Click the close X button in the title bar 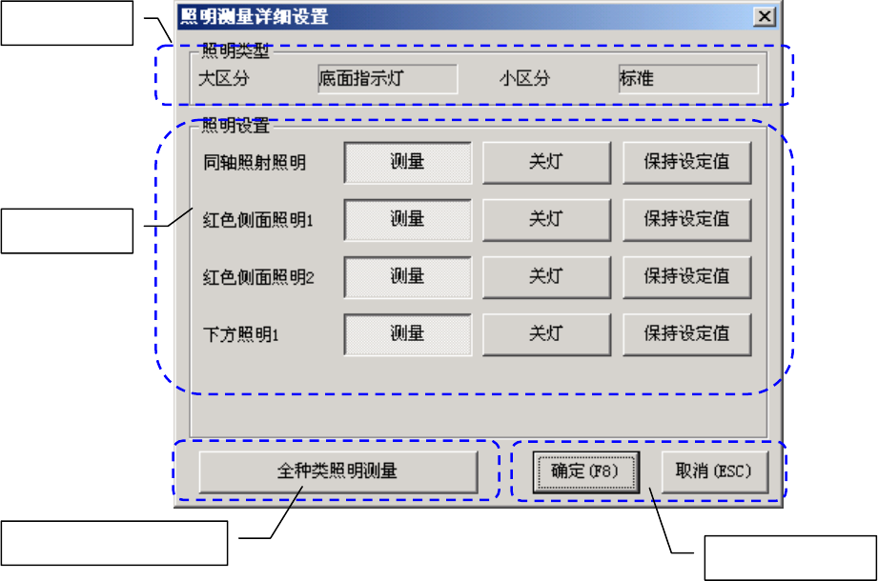click(765, 16)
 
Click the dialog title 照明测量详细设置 click(255, 16)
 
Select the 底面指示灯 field click(387, 79)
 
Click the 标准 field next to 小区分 click(688, 79)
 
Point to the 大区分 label click(223, 79)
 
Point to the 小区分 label click(525, 79)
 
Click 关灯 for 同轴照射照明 click(545, 162)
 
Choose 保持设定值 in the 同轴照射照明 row click(686, 162)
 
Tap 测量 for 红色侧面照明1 click(407, 220)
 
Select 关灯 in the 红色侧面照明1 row click(545, 220)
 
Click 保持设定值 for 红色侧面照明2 click(686, 277)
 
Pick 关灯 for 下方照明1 click(545, 334)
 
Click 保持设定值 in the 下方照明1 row click(686, 334)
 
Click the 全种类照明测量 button click(337, 471)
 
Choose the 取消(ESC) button click(714, 471)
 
